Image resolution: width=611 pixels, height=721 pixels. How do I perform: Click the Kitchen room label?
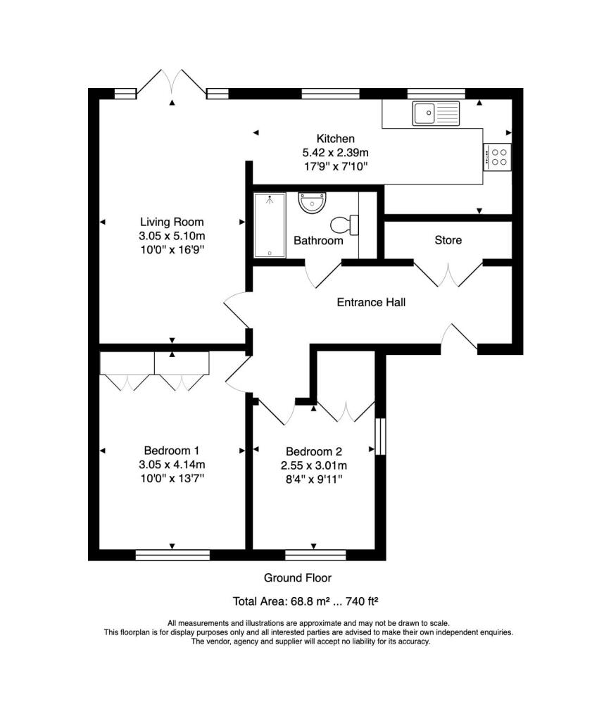point(335,139)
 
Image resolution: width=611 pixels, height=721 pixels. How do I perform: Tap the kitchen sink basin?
point(424,113)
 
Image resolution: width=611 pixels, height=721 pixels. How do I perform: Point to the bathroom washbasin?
point(312,203)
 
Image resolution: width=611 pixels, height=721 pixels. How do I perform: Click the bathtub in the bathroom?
point(270,225)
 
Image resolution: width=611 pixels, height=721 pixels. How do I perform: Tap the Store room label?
point(448,240)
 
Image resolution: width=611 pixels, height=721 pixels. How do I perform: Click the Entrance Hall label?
point(371,302)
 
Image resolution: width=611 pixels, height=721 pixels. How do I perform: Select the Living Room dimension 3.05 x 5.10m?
point(172,236)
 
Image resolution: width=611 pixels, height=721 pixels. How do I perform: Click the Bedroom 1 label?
point(172,451)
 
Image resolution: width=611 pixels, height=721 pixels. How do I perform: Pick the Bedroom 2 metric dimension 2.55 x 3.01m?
point(313,465)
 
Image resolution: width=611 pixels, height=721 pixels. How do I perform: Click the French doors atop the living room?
point(172,83)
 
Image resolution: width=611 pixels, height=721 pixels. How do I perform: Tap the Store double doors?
point(448,274)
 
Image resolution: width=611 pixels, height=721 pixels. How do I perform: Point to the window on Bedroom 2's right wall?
point(380,437)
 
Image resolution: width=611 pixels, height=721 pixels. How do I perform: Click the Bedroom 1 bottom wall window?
point(173,555)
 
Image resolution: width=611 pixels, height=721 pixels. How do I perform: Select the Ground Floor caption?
point(298,578)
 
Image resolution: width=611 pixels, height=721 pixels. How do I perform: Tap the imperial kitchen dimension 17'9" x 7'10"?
point(336,166)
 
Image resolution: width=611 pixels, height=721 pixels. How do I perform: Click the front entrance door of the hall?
point(460,338)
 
